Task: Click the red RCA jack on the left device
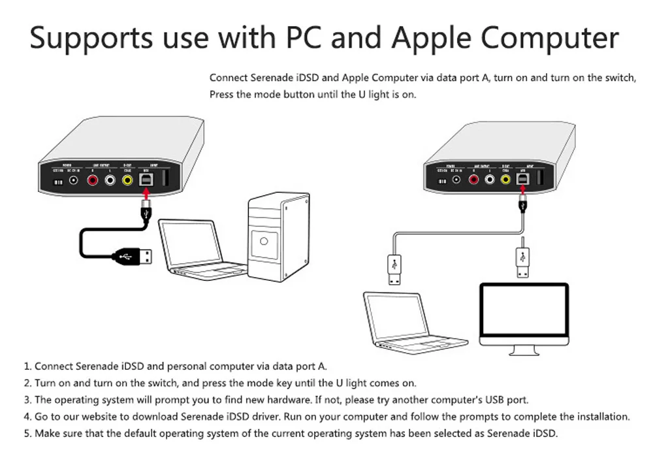point(93,180)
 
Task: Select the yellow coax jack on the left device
point(127,180)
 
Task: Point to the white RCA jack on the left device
point(110,180)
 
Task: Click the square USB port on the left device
point(146,179)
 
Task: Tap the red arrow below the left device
point(146,194)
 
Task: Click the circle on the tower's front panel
point(264,242)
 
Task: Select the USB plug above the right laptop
point(394,268)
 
